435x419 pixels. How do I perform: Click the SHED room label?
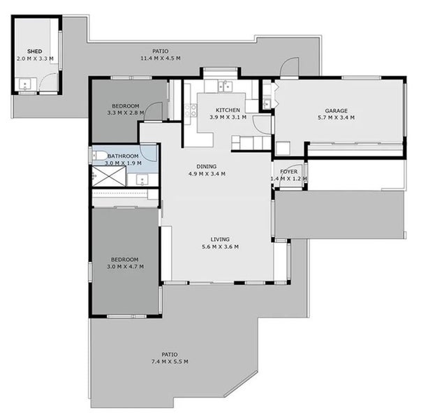point(34,52)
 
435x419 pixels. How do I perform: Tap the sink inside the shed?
point(26,86)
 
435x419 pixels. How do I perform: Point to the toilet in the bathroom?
point(99,155)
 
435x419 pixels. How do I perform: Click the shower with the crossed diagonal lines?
point(108,177)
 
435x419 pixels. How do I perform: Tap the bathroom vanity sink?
point(142,179)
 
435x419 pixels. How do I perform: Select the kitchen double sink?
point(224,87)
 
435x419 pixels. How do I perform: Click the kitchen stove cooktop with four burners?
point(190,110)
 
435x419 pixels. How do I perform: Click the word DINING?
point(206,166)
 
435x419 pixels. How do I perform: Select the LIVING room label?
point(220,239)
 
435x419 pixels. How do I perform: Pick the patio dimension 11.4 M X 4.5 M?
point(160,59)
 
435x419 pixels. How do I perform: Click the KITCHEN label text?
point(228,110)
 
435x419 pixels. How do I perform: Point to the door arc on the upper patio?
point(287,67)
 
